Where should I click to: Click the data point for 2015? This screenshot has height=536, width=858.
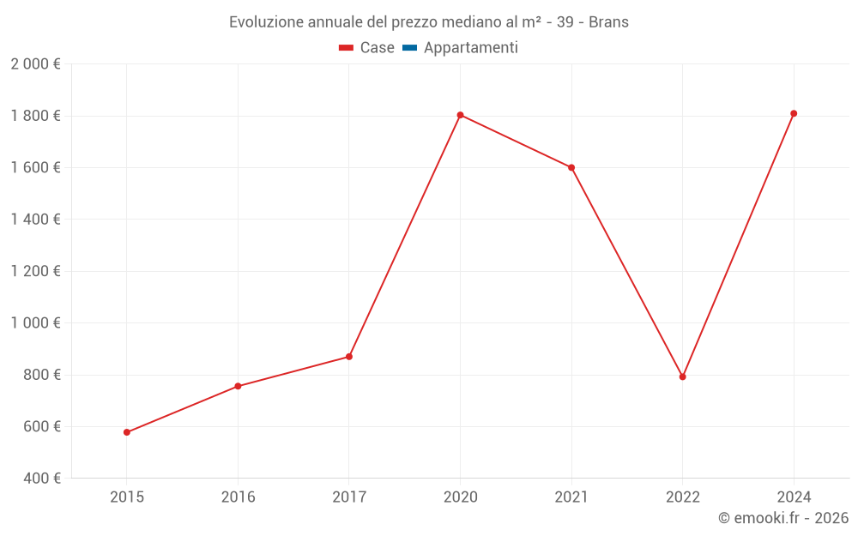click(x=127, y=432)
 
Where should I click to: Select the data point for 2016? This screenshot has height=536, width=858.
click(x=238, y=386)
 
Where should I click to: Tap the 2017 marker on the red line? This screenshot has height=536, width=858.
click(x=349, y=357)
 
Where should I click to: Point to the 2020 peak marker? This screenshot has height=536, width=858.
click(x=460, y=115)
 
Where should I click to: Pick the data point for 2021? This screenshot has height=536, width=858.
click(x=571, y=167)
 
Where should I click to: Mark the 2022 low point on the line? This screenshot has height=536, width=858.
click(x=683, y=376)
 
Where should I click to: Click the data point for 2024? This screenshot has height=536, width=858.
click(x=794, y=113)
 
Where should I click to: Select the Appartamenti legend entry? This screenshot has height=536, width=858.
click(x=470, y=48)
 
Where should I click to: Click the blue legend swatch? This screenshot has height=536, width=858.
click(x=409, y=48)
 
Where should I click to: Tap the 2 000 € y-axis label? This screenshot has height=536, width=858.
click(x=35, y=64)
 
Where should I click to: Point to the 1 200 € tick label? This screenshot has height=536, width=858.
click(x=35, y=272)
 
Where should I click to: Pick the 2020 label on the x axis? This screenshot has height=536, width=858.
click(x=460, y=497)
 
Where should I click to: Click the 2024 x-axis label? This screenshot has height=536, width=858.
click(x=794, y=497)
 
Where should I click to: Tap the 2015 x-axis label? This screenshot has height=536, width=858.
click(x=127, y=497)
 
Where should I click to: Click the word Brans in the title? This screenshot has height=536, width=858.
click(x=608, y=22)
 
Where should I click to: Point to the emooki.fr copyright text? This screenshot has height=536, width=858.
click(x=783, y=518)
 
